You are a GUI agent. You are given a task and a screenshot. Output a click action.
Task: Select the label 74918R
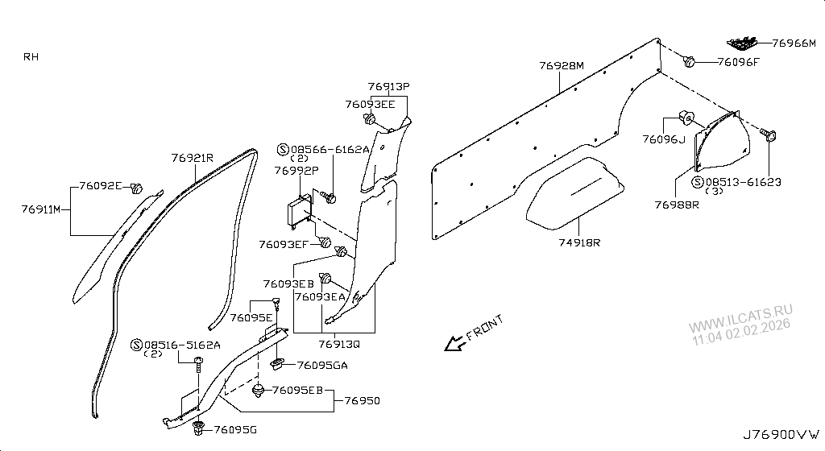(580, 242)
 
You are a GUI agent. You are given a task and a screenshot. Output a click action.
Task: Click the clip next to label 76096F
(690, 61)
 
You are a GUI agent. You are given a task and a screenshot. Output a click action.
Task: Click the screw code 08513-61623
(744, 183)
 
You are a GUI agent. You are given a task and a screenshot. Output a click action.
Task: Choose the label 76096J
(662, 139)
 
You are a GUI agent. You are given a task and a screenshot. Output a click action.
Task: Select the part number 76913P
(389, 86)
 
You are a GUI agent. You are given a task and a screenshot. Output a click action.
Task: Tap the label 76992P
(296, 171)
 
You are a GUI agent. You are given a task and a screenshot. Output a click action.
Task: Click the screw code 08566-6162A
(330, 149)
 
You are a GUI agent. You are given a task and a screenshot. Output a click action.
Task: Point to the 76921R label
(192, 159)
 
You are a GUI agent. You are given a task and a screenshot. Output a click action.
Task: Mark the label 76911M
(41, 209)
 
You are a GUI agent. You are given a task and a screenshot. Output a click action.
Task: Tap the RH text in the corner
(31, 56)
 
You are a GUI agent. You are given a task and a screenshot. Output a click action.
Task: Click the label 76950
(363, 400)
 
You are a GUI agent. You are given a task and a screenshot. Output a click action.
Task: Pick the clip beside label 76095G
(199, 428)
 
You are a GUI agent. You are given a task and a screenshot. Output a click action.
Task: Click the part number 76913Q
(338, 343)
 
